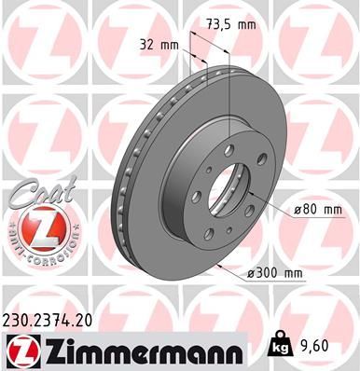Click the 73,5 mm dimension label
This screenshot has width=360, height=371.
click(x=231, y=26)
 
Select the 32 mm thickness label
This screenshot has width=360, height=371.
click(x=159, y=44)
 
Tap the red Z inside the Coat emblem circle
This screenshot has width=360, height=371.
click(x=35, y=229)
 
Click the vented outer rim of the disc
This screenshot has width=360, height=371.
click(x=125, y=186)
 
